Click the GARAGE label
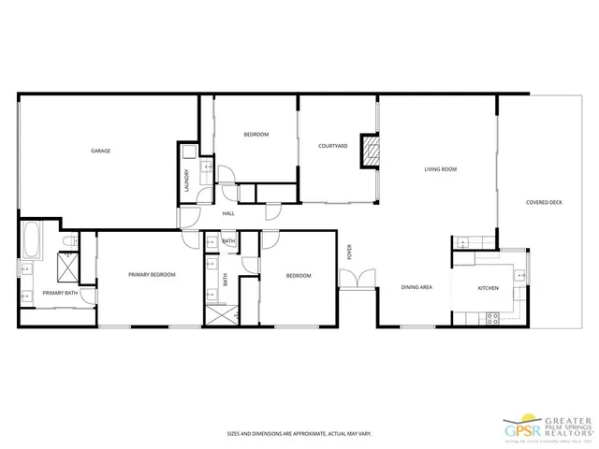[x=100, y=151]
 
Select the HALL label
[x=228, y=214]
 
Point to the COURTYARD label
[x=333, y=146]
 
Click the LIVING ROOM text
[x=440, y=169]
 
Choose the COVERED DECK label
[x=544, y=201]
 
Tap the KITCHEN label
[x=489, y=288]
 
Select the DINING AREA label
[x=416, y=287]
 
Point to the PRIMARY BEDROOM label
[x=153, y=274]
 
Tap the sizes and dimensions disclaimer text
[x=299, y=434]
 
